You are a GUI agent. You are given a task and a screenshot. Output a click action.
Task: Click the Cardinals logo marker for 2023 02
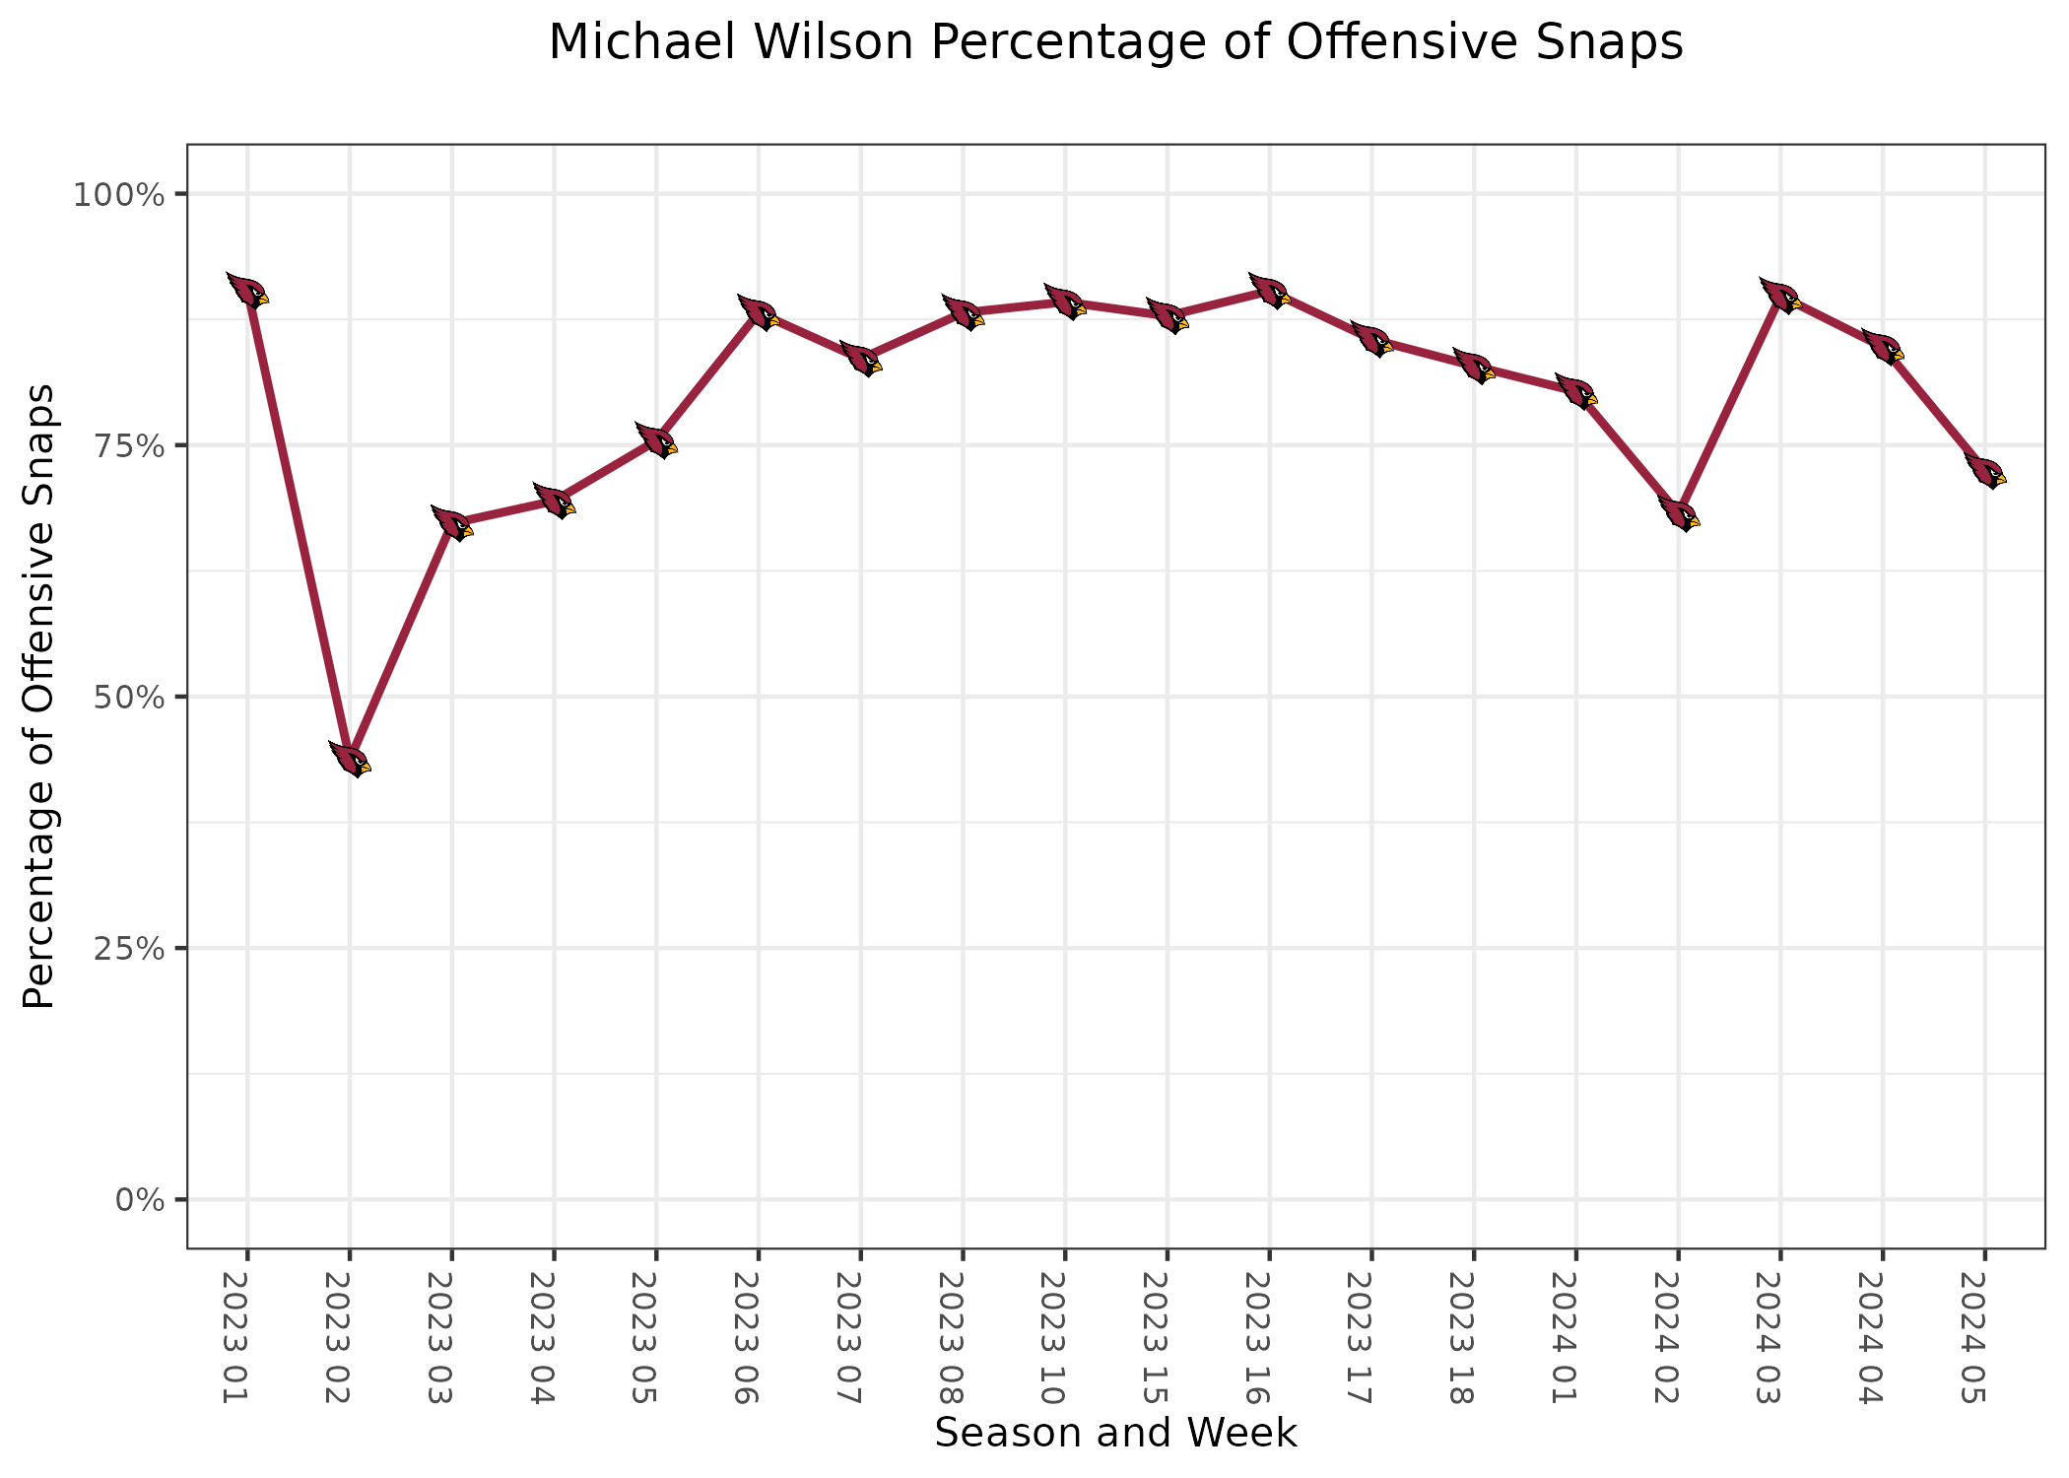(350, 760)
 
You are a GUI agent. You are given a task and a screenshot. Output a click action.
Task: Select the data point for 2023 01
(247, 291)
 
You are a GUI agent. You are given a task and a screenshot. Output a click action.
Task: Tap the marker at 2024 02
(1679, 513)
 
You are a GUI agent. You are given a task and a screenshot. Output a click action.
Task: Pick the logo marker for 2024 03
(1780, 296)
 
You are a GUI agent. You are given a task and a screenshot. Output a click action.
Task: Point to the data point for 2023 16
(1269, 291)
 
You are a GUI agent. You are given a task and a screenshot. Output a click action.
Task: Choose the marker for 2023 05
(656, 440)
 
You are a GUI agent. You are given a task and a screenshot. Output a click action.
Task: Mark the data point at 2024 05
(1985, 471)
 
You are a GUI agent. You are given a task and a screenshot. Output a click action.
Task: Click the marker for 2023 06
(759, 312)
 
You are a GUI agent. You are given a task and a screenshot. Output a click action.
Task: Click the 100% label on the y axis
(117, 194)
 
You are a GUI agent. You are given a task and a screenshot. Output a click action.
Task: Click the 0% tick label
(138, 1200)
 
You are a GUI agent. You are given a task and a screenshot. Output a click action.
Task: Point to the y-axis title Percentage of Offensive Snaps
(39, 696)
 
